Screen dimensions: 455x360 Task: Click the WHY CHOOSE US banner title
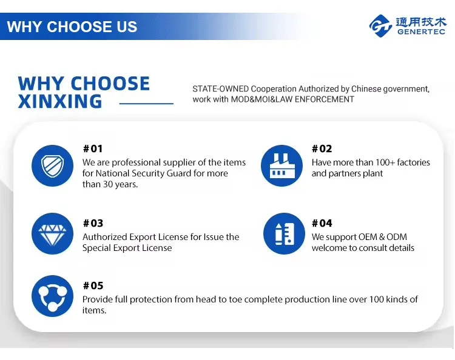(x=72, y=27)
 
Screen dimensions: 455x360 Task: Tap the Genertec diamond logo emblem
(x=380, y=26)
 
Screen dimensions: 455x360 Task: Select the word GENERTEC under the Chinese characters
(x=421, y=32)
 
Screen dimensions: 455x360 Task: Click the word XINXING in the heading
(x=60, y=101)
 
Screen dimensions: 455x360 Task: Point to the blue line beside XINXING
(x=146, y=103)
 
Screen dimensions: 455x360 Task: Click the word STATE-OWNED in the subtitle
(x=221, y=88)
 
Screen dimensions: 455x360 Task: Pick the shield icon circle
(x=53, y=166)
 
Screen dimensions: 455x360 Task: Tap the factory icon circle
(x=281, y=166)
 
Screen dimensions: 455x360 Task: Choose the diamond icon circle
(x=53, y=233)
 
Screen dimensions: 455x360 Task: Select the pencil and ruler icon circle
(x=284, y=233)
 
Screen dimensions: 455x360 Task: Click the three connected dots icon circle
(x=53, y=296)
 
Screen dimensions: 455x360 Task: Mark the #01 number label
(x=93, y=148)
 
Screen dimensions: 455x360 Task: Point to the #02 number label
(x=322, y=148)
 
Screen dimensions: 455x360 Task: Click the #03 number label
(x=93, y=223)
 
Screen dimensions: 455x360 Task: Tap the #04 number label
(x=322, y=223)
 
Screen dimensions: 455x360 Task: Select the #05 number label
(x=93, y=285)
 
